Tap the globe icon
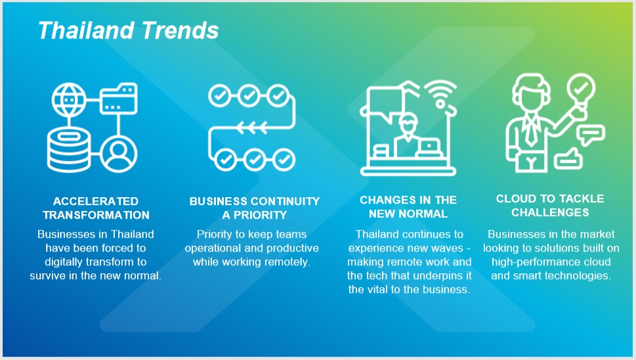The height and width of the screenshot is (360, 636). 69,100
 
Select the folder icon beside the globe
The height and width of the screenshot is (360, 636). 119,99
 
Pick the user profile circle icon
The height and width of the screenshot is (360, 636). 119,154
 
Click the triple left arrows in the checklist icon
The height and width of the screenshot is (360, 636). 252,127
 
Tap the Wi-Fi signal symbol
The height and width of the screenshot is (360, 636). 441,94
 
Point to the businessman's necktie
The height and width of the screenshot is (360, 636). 530,130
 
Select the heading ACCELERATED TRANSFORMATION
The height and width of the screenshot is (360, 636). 96,208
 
